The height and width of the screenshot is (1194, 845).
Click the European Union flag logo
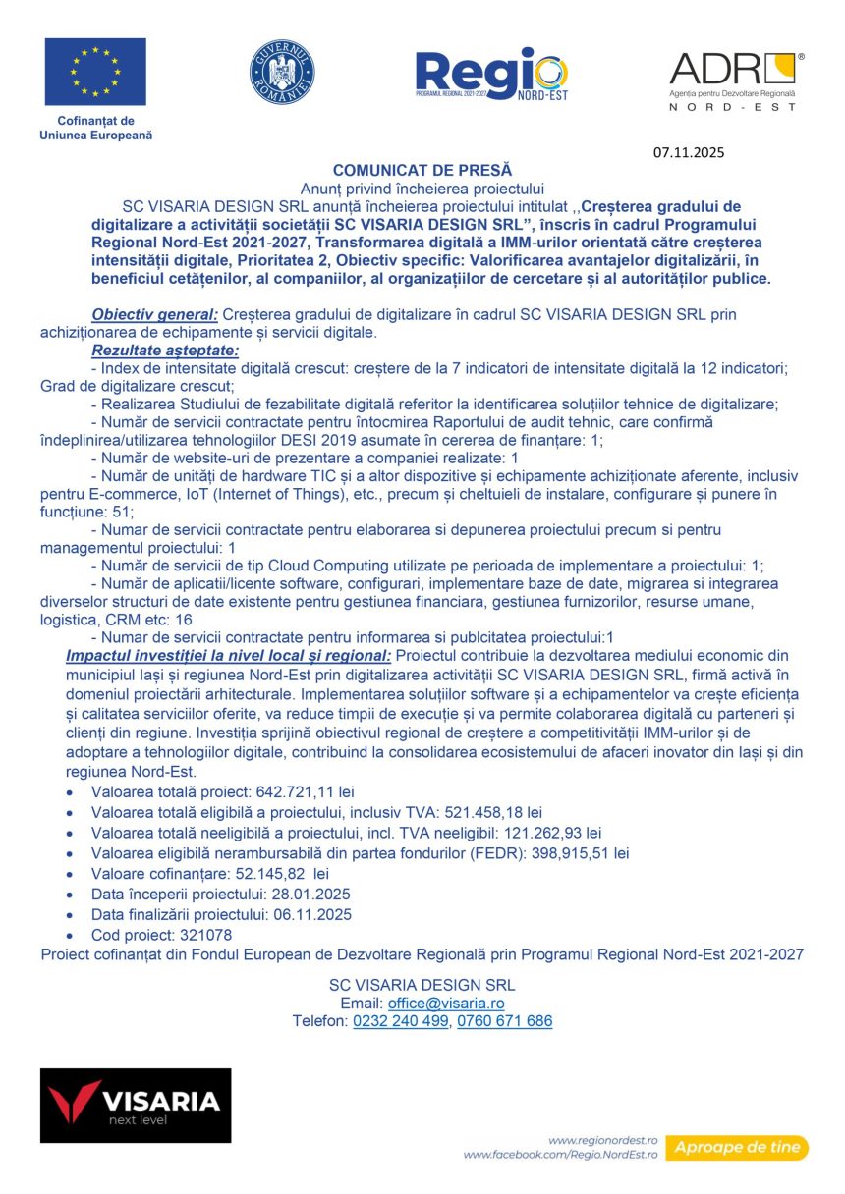95,72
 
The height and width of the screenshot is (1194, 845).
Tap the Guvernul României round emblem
282,73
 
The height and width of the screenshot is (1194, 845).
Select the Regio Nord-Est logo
491,75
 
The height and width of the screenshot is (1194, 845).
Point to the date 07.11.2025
688,152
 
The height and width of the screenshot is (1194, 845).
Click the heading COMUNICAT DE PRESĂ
422,170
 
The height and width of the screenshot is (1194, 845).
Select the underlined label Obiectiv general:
155,314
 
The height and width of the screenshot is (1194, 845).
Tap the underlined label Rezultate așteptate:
165,350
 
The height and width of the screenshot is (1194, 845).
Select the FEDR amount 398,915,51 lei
574,853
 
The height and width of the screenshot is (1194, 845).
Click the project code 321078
199,935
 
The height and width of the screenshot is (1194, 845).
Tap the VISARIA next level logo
136,1105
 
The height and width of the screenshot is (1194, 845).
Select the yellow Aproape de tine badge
736,1147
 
